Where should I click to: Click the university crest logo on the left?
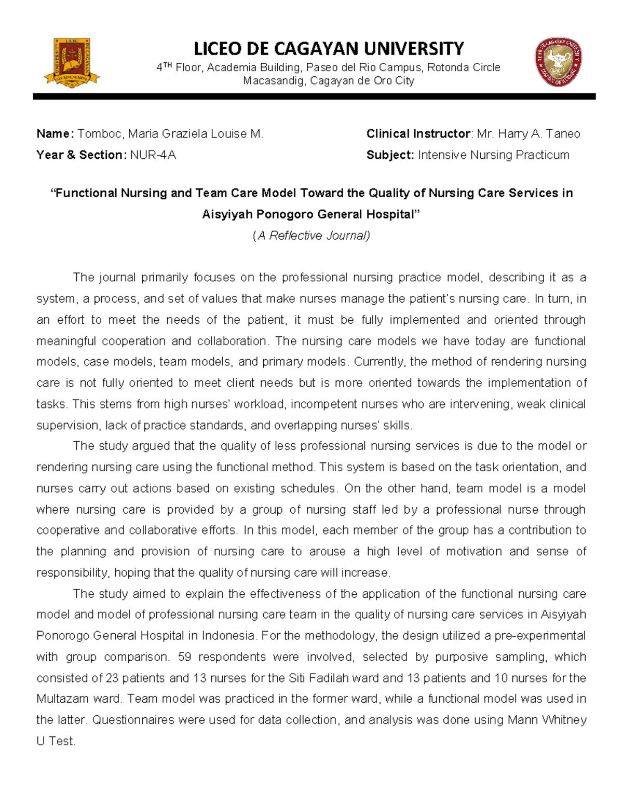(72, 62)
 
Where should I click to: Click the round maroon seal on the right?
(558, 62)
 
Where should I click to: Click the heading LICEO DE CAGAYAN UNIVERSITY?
(329, 49)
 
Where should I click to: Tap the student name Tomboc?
(100, 134)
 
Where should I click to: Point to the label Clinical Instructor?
(418, 134)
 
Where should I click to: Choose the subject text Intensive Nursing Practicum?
(493, 155)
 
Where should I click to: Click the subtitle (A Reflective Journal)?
(311, 236)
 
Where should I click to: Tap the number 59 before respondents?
(184, 657)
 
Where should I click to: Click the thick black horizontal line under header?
(314, 97)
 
